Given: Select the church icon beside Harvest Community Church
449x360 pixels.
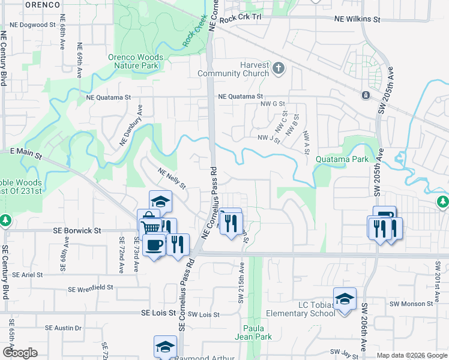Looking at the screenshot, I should [278, 68].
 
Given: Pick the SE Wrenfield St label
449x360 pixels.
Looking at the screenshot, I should [91, 289].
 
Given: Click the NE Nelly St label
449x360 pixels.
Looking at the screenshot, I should [172, 178].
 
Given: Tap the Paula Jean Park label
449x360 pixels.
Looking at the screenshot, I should [258, 332].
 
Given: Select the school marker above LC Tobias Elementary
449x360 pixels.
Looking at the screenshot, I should [345, 299].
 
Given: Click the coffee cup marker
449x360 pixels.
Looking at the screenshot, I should [154, 244].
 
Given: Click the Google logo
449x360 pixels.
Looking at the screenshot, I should [20, 353].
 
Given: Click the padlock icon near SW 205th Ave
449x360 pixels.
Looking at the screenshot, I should [365, 95].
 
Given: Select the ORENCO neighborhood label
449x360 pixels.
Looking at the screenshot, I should [43, 5].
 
